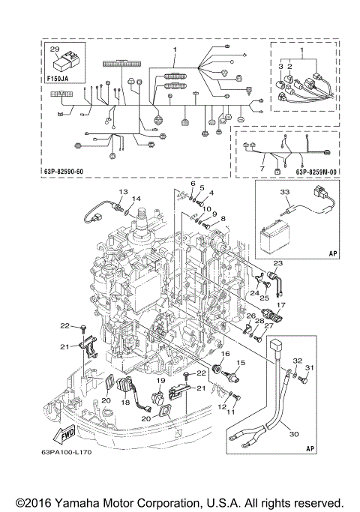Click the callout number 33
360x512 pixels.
coord(285,193)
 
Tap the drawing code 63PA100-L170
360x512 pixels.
coord(67,451)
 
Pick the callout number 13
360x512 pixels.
coord(123,192)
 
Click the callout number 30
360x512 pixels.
coord(292,433)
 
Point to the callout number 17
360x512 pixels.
coord(282,305)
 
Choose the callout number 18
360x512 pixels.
coord(125,403)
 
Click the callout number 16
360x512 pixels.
coord(225,352)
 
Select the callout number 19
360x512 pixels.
coord(160,381)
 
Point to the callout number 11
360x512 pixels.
coord(232,412)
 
